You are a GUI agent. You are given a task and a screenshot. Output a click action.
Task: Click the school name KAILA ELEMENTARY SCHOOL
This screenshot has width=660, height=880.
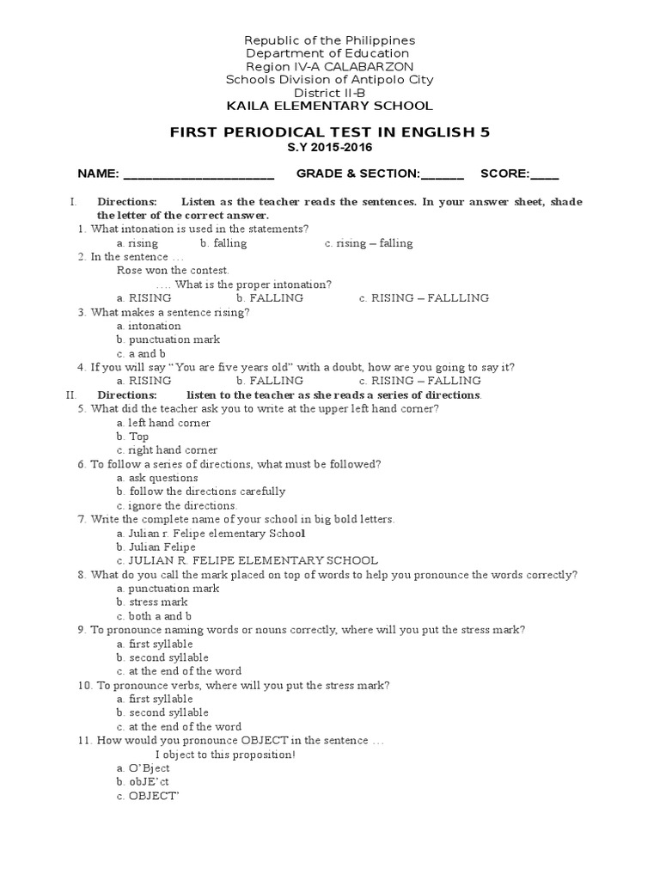pyautogui.click(x=329, y=106)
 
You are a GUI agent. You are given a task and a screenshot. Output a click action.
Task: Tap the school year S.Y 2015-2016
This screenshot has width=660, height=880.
pyautogui.click(x=330, y=148)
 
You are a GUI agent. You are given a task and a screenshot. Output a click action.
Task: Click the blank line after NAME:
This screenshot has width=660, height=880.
pyautogui.click(x=199, y=174)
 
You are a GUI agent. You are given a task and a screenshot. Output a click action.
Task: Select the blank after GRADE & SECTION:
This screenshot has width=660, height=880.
pyautogui.click(x=443, y=174)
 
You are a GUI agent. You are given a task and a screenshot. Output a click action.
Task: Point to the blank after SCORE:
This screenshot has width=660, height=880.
pyautogui.click(x=544, y=174)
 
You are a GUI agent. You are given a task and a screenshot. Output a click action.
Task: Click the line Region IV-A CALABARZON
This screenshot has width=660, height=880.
pyautogui.click(x=329, y=66)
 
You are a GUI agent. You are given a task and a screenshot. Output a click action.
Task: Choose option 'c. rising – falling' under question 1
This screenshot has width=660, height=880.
pyautogui.click(x=369, y=243)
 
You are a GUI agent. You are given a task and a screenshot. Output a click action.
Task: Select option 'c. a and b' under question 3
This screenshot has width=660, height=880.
pyautogui.click(x=141, y=353)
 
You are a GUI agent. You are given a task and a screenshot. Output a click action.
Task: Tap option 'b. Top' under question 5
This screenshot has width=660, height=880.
pyautogui.click(x=132, y=437)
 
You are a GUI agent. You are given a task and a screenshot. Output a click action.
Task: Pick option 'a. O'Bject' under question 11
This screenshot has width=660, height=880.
pyautogui.click(x=143, y=767)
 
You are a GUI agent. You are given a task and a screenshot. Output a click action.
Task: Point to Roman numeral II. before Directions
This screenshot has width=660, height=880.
pyautogui.click(x=71, y=394)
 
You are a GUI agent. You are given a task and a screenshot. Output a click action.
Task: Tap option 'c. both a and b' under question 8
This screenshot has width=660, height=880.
pyautogui.click(x=154, y=616)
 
